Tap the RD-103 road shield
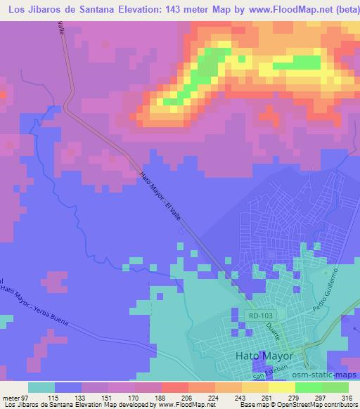(259, 316)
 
